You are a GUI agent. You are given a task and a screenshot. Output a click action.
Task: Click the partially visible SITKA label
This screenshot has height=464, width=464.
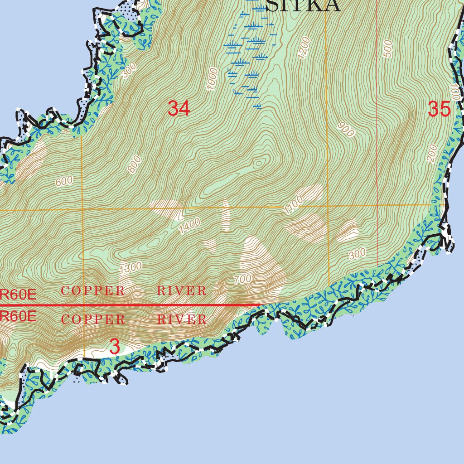(x=303, y=5)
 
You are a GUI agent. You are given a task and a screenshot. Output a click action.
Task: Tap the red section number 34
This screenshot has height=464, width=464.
(x=179, y=109)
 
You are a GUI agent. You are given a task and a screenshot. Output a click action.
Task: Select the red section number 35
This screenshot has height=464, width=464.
(x=439, y=109)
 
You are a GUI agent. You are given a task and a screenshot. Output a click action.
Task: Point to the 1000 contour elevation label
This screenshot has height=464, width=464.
(x=212, y=79)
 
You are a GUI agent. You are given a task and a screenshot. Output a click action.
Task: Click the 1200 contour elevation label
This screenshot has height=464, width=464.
(x=304, y=47)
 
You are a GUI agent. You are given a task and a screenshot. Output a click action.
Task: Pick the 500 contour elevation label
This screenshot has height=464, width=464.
(x=388, y=48)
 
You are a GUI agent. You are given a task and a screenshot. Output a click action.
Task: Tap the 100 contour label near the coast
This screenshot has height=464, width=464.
(x=455, y=92)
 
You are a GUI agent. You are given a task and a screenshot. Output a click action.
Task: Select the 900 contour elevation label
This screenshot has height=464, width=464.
(x=346, y=130)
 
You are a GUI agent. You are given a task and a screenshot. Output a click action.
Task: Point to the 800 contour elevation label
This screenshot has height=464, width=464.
(x=135, y=164)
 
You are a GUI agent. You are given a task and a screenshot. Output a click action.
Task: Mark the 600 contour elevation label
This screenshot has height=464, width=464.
(x=64, y=181)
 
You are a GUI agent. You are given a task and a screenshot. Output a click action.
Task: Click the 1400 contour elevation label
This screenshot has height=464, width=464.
(x=189, y=226)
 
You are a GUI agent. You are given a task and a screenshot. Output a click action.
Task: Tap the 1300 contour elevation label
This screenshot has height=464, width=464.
(x=131, y=268)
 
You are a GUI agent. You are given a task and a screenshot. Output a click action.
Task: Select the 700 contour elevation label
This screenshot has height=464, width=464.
(x=242, y=280)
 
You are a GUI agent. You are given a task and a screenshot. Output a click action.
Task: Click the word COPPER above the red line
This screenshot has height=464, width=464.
(x=93, y=291)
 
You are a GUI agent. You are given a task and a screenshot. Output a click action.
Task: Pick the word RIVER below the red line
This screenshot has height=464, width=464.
(x=182, y=319)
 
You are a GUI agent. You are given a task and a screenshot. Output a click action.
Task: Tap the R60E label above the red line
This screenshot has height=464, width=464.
(x=18, y=295)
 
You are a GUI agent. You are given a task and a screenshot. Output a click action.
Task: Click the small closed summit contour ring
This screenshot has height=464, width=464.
(x=259, y=163)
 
